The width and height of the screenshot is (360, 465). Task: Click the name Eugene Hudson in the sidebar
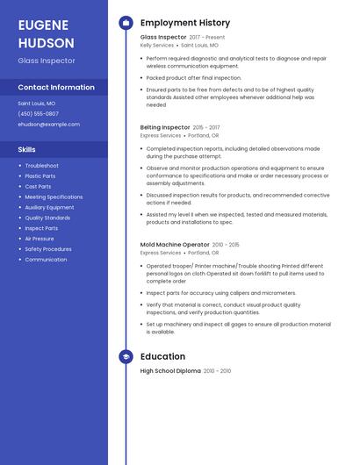coord(46,32)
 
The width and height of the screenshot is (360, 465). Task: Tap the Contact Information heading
coord(56,88)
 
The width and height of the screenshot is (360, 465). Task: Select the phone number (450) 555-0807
coord(39,114)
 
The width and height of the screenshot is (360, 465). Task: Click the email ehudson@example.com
coord(48,125)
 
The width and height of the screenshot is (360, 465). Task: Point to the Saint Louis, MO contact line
coord(37,104)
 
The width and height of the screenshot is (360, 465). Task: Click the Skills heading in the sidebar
coord(27,149)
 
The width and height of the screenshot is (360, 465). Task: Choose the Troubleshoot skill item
coord(41,166)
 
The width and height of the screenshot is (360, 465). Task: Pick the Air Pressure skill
coord(40,239)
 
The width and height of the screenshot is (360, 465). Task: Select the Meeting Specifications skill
coord(54,197)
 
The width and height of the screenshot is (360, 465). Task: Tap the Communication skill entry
coord(46,260)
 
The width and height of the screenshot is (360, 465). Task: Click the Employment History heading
coord(185,23)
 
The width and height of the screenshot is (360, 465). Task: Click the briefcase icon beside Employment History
coord(126,23)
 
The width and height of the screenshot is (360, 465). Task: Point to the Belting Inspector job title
coord(164,127)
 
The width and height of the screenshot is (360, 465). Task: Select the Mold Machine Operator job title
coord(175,245)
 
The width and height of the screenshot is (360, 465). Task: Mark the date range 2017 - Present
coord(207,38)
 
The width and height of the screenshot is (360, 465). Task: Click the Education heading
coord(162,357)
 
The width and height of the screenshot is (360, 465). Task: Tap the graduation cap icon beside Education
coord(126,357)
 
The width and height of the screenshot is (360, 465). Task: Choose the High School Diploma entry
coord(170,371)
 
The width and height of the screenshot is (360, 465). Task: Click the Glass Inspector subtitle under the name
coord(47,61)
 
